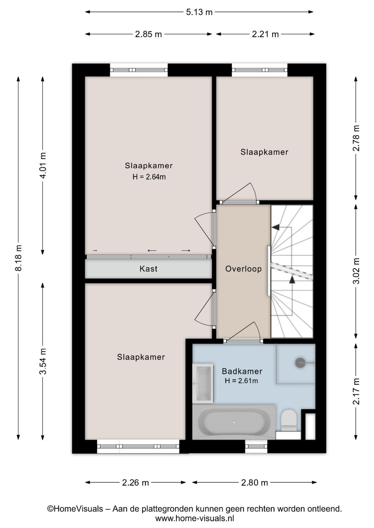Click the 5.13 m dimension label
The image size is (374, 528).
pos(199,12)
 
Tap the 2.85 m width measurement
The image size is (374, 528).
pos(148,34)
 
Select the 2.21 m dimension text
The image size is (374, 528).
pos(265,34)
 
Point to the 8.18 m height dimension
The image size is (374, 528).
pos(19,258)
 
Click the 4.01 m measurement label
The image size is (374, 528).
pos(43,165)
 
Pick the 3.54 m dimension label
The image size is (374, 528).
pos(43,361)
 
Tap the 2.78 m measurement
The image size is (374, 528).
pos(356,138)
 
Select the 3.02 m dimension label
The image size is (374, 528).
pos(356,271)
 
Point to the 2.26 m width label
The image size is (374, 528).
pos(135,483)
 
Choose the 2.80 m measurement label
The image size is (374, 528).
pos(254,483)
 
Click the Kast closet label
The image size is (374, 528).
pos(148,269)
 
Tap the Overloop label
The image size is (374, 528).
pos(243,269)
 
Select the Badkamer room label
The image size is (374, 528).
pos(242,371)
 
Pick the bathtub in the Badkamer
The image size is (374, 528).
pos(234,422)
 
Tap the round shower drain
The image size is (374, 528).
pos(300,363)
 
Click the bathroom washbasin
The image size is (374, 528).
pos(203,383)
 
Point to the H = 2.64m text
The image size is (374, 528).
pos(149,177)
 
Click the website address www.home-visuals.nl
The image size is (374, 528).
pos(194,518)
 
